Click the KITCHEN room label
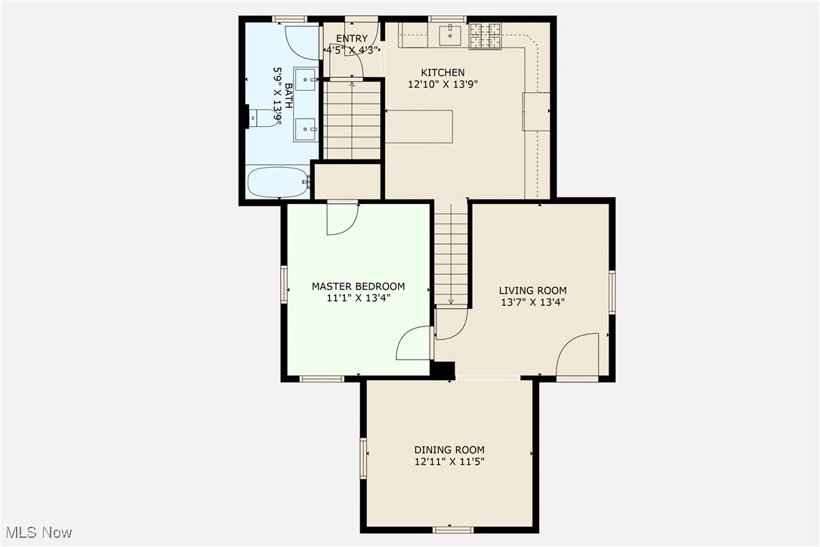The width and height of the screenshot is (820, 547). tap(442, 73)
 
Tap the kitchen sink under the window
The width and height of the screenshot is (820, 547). tap(451, 33)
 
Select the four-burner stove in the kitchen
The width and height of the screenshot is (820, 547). tap(486, 36)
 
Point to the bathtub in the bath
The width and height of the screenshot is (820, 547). tap(277, 182)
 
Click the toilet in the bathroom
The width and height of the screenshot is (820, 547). tap(263, 118)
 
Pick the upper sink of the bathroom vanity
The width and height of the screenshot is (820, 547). tap(306, 79)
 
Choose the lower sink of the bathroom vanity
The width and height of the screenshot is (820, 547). tap(306, 129)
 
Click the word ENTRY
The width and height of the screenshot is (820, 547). tap(352, 39)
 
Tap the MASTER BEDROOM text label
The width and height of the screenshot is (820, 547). tap(358, 286)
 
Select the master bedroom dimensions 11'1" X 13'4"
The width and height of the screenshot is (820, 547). tap(358, 298)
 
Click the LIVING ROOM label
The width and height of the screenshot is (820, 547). tap(532, 290)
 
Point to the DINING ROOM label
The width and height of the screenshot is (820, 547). tap(449, 450)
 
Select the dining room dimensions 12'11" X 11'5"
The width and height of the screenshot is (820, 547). tap(449, 461)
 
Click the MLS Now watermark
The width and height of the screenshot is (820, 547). tap(37, 533)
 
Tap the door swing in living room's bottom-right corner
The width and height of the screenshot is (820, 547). tap(578, 355)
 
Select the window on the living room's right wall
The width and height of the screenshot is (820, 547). tap(612, 292)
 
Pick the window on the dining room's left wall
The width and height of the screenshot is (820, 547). tap(363, 458)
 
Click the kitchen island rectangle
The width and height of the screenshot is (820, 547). tap(419, 126)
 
